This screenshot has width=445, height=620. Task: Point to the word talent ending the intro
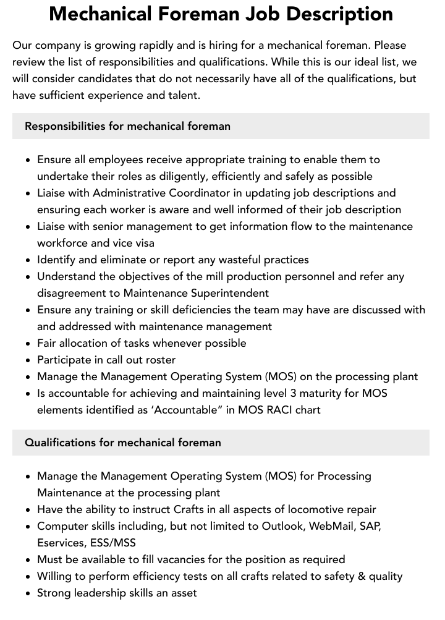click(x=183, y=95)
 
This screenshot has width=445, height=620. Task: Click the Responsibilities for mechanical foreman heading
click(x=127, y=126)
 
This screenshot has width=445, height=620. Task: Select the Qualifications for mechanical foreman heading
click(x=123, y=443)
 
